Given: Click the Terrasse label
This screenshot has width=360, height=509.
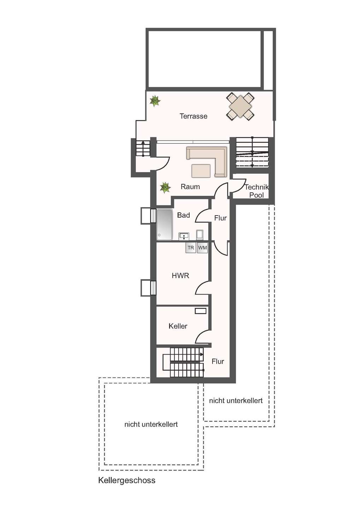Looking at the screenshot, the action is (193, 116).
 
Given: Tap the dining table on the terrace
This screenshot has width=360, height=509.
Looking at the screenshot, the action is (240, 106).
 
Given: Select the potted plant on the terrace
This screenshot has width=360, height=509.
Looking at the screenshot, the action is (155, 101).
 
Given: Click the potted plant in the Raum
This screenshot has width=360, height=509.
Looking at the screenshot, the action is (165, 188).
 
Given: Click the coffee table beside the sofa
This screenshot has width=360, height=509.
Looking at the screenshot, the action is (201, 171).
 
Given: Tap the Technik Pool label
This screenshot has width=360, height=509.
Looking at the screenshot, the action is (257, 191).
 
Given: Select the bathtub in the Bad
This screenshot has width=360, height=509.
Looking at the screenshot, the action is (164, 224).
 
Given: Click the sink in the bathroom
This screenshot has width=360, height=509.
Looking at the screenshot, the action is (184, 236).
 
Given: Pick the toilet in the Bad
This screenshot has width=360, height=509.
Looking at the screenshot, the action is (200, 235).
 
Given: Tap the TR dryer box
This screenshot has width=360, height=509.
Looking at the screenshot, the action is (191, 248).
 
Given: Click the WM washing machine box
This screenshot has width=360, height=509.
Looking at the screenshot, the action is (202, 248).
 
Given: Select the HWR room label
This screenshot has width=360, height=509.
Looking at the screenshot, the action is (180, 276).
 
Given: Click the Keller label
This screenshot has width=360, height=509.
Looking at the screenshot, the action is (178, 326).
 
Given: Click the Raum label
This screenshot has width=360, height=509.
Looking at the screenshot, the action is (190, 187).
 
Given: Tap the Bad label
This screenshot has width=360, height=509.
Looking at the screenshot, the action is (184, 215).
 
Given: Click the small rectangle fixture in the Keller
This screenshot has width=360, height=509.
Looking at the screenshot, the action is (201, 311).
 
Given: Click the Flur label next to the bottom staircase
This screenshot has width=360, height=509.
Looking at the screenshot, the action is (218, 361).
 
